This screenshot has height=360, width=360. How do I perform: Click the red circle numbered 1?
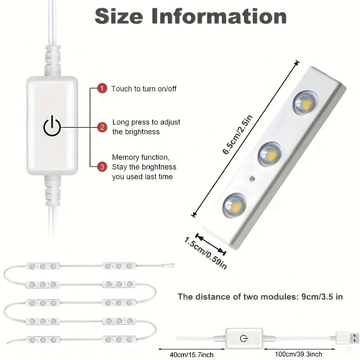(x=102, y=88)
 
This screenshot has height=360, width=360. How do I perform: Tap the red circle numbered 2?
(x=102, y=127)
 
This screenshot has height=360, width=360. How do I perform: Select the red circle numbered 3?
(x=102, y=166)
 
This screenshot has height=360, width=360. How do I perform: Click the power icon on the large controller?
(x=52, y=126)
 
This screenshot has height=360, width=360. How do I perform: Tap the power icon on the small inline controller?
(x=244, y=338)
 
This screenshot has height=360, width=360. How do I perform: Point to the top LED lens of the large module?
(x=305, y=103)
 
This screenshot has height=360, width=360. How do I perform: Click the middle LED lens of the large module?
(x=270, y=154)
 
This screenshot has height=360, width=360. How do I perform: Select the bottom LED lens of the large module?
(x=234, y=205)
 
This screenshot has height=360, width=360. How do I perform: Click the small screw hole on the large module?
(x=252, y=179)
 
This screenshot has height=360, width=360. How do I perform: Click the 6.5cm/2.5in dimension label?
(x=238, y=135)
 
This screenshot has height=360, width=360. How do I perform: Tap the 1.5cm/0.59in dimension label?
(x=206, y=253)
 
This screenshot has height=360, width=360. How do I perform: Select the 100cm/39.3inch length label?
(x=299, y=354)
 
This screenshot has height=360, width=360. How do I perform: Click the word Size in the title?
(x=119, y=16)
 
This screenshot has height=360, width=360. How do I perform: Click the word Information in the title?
(x=219, y=16)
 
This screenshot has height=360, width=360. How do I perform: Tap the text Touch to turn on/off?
(x=144, y=89)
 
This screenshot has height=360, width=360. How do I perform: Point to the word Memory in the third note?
(x=126, y=157)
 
